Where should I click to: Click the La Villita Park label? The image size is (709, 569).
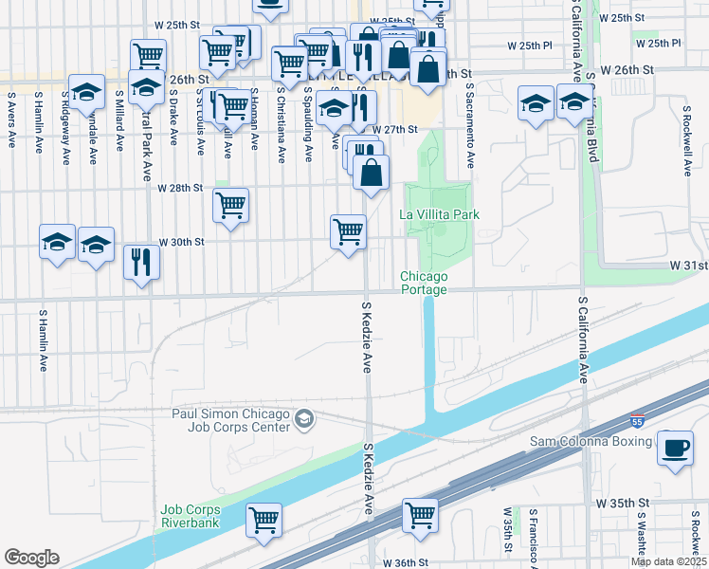click(x=439, y=214)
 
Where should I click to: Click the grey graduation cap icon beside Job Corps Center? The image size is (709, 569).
click(x=303, y=418)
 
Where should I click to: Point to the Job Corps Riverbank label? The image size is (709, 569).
click(x=190, y=515)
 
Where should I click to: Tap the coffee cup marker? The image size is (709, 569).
click(x=676, y=450)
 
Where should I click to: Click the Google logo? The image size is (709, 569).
click(x=31, y=557)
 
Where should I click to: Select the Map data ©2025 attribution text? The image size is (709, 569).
click(x=668, y=562)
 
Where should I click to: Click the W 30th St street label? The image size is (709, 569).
click(x=181, y=242)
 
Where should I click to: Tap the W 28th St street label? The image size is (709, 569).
click(x=179, y=188)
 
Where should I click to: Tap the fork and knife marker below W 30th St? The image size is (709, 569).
click(x=142, y=261)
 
